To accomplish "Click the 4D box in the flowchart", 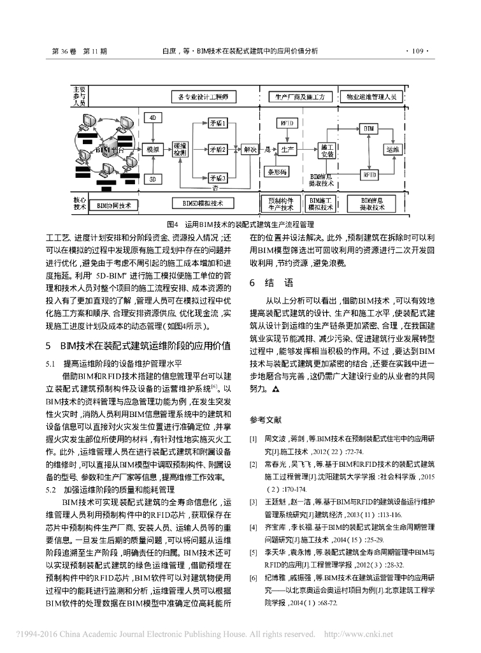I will pos(154,119).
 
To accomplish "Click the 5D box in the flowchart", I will pos(154,180).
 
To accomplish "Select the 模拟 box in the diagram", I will pos(153,149).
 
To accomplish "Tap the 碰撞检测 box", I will pos(180,149).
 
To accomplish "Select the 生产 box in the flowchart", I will pos(287,149).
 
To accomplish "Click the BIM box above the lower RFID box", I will pos(368,129).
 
